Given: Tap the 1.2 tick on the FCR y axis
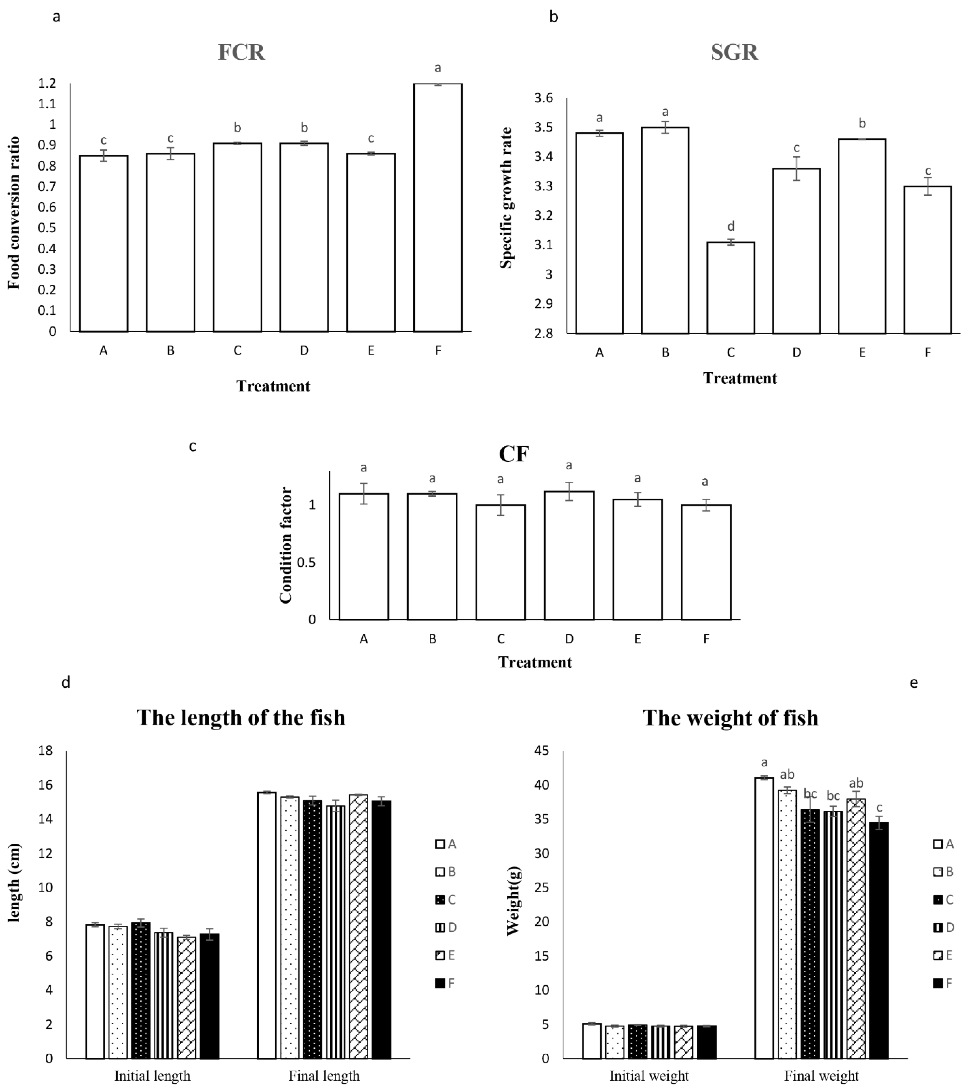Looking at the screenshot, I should [x=47, y=83].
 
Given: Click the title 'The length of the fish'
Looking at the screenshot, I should [x=241, y=718].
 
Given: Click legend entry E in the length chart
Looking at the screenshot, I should [x=445, y=955].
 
